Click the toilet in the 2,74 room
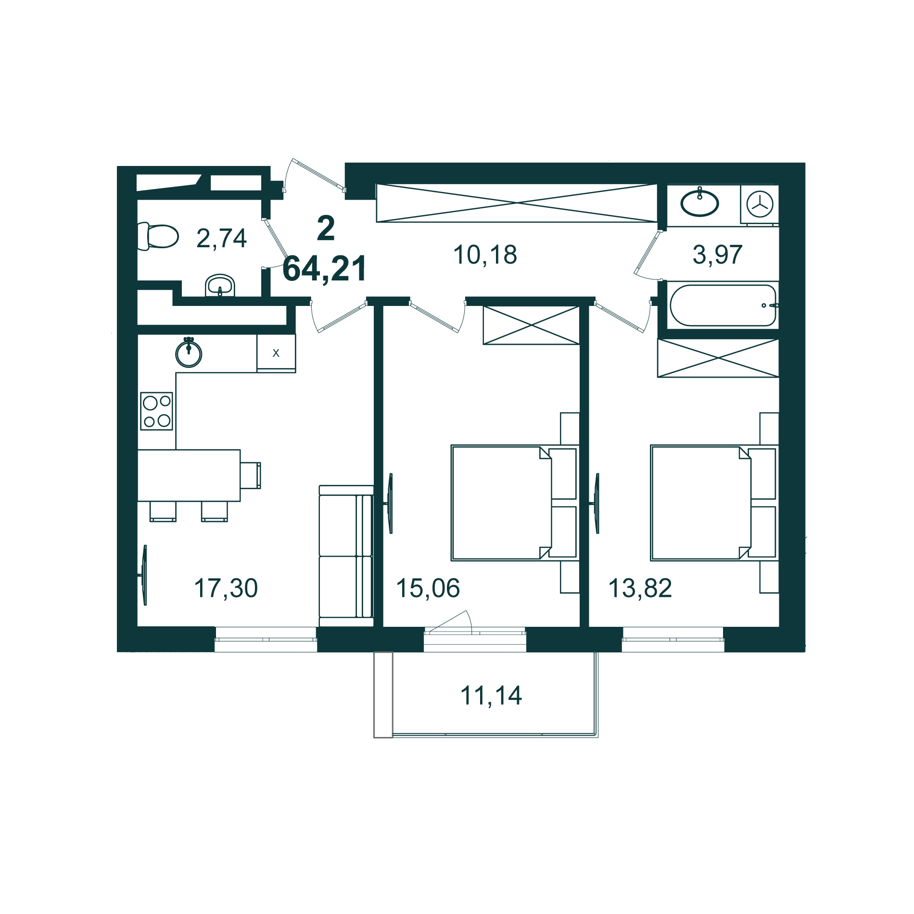[159, 236]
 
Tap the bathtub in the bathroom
[723, 305]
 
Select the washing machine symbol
[760, 204]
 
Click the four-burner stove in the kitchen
[157, 411]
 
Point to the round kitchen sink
[189, 354]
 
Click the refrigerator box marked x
[276, 353]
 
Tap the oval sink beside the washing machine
[699, 203]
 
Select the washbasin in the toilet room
[220, 286]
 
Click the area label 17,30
[226, 588]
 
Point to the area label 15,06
[428, 588]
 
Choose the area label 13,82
[640, 588]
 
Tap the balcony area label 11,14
[491, 696]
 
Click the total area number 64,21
[325, 269]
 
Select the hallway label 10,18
[485, 255]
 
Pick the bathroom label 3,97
[717, 255]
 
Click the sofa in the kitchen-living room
[346, 556]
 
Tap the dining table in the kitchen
[189, 475]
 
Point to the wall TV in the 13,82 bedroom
[597, 503]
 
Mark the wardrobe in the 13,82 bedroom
[718, 358]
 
